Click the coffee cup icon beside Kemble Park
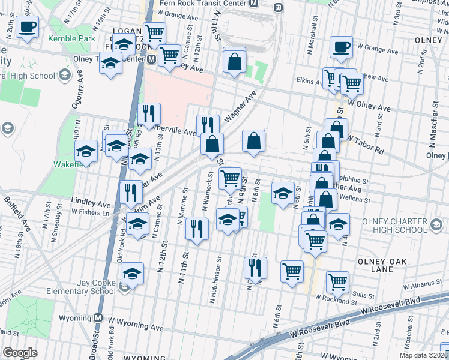click(x=27, y=27)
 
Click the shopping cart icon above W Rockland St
click(x=338, y=281)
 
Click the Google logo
click(x=20, y=353)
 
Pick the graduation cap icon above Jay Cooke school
click(x=133, y=274)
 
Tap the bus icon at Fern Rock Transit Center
click(x=278, y=7)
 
